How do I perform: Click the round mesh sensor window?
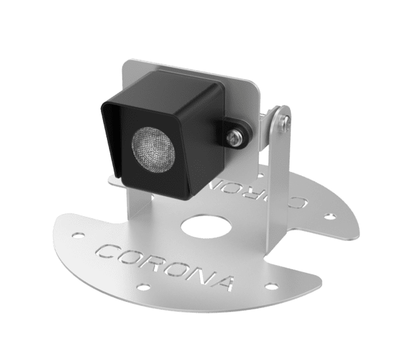click(x=153, y=149)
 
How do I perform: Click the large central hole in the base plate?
click(x=206, y=226)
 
